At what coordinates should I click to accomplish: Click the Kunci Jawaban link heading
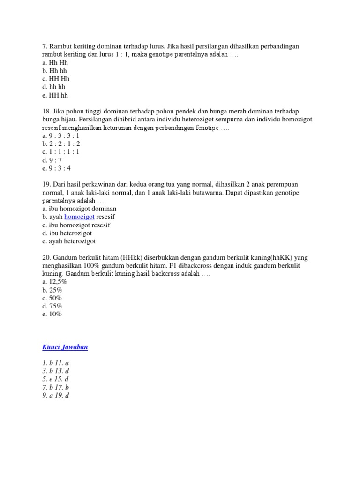click(x=65, y=347)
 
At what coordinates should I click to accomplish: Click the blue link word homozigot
click(x=79, y=217)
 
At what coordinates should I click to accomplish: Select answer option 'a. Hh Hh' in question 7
click(x=55, y=62)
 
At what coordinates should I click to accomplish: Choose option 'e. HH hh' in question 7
click(x=55, y=95)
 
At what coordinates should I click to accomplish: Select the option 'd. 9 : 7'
click(x=52, y=160)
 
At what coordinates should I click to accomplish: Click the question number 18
click(x=46, y=112)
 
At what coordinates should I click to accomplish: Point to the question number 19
click(x=46, y=185)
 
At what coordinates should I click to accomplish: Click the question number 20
click(x=46, y=258)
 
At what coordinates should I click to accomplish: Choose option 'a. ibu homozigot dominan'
click(x=79, y=209)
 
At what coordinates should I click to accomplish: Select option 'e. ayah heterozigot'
click(x=69, y=241)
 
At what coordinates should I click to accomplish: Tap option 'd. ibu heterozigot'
click(x=67, y=233)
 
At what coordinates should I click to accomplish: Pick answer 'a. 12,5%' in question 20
click(x=55, y=282)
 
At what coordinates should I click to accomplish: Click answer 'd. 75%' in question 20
click(x=52, y=306)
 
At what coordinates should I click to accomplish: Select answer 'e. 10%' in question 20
click(x=52, y=314)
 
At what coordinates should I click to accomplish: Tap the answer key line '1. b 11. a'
click(x=56, y=363)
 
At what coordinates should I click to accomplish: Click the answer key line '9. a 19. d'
click(x=56, y=395)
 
